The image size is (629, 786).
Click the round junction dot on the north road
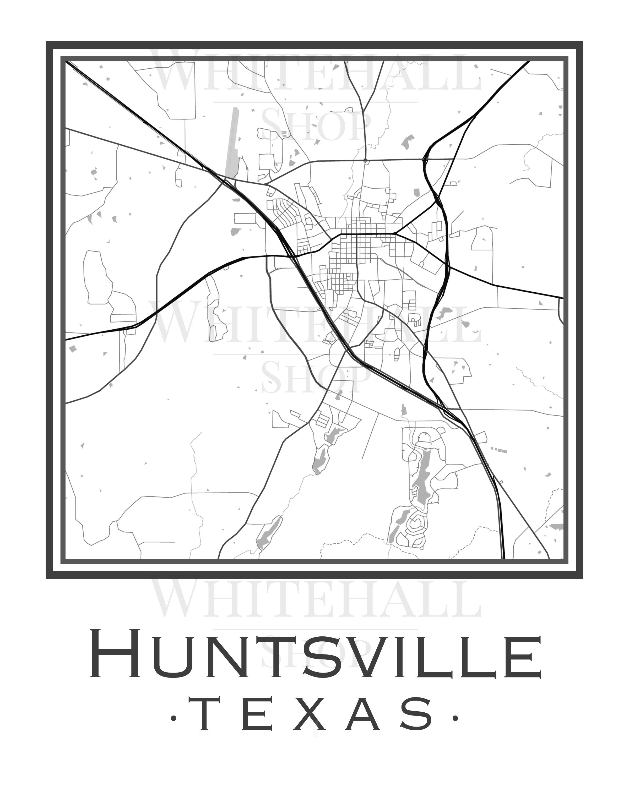(365, 160)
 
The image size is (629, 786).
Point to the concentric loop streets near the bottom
(416, 525)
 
